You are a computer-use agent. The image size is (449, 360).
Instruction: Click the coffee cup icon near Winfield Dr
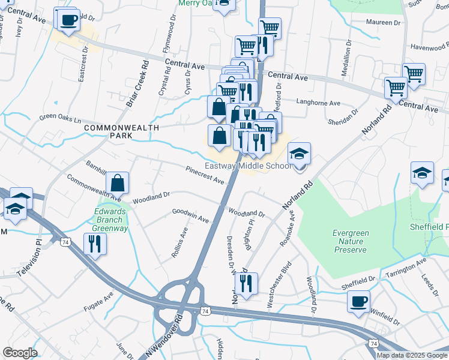coord(358,302)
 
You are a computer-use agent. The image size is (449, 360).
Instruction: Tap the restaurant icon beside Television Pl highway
coord(95,244)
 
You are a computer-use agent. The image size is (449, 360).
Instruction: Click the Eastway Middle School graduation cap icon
coord(299,155)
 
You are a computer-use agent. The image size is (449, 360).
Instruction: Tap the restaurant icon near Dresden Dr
coord(246,283)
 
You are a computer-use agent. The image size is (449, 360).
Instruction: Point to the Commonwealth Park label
coord(122,133)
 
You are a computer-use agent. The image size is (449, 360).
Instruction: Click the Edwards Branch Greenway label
coord(111,219)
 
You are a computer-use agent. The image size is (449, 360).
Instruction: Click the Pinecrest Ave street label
coord(205,175)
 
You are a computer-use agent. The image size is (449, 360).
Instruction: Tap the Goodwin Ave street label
coord(190,216)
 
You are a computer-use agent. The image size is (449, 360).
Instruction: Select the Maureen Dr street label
coord(383,22)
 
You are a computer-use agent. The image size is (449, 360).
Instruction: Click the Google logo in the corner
coord(20,353)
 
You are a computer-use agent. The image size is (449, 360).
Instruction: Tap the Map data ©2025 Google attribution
coord(412,355)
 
